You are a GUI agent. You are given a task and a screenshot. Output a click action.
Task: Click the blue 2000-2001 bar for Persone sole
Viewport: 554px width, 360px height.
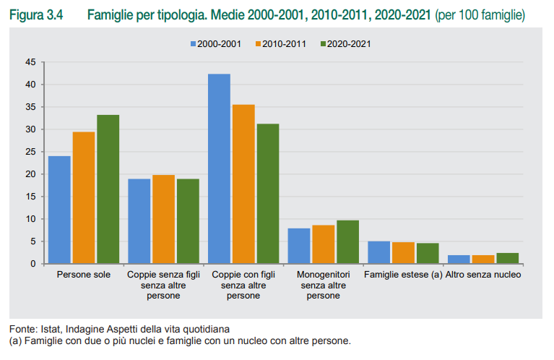[x=59, y=210]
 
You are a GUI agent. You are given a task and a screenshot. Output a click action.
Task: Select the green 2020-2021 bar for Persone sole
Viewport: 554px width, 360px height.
[x=108, y=189]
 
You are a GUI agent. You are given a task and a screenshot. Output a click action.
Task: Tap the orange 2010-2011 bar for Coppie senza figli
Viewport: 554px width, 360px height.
[x=163, y=219]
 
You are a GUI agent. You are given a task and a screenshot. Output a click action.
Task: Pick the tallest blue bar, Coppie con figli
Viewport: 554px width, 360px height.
[x=219, y=168]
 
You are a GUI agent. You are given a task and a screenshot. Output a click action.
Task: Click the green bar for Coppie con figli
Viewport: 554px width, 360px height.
[x=268, y=194]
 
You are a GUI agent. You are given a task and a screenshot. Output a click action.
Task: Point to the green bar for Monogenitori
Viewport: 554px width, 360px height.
[x=347, y=241]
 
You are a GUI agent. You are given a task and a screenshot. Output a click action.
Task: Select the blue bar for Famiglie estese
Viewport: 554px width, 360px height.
[x=378, y=252]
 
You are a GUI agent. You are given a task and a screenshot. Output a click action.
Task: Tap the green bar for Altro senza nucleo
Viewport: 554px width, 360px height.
[x=507, y=258]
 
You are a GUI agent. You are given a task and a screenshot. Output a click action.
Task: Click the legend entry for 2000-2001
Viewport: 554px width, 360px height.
[x=216, y=44]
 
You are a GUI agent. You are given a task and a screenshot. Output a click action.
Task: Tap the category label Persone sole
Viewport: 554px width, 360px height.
[x=84, y=275]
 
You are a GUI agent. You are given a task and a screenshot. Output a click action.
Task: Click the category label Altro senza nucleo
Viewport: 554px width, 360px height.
[x=483, y=275]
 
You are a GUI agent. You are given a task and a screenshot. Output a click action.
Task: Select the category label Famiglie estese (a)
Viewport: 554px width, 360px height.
[x=403, y=275]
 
